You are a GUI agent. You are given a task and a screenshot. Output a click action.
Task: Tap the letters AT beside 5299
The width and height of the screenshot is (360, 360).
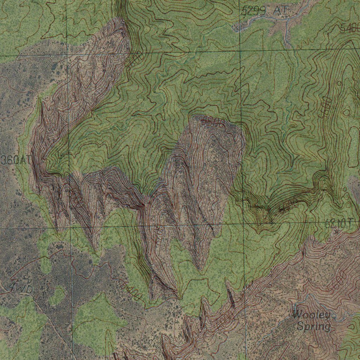[281, 11]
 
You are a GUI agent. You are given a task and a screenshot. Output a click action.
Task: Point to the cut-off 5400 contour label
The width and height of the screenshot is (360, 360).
[350, 29]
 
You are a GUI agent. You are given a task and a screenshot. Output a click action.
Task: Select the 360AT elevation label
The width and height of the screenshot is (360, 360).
[16, 160]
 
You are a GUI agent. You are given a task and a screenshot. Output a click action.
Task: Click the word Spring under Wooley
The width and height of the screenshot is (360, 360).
[313, 327]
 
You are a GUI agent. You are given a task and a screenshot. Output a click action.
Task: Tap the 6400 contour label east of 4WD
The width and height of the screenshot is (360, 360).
[130, 291]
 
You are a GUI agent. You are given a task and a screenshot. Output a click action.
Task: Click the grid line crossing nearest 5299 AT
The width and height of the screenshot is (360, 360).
[239, 52]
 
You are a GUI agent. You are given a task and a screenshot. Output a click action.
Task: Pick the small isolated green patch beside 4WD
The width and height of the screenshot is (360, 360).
[57, 296]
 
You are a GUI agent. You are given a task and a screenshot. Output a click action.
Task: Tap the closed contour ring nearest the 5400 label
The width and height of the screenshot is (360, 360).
[339, 83]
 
